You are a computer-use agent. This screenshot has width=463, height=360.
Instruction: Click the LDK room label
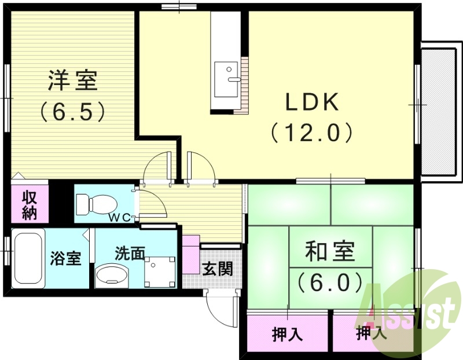[311, 103]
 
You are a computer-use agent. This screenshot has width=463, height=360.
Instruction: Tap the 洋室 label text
[72, 80]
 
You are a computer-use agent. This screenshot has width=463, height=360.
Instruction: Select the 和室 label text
[330, 252]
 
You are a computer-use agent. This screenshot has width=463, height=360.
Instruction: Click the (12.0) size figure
[311, 134]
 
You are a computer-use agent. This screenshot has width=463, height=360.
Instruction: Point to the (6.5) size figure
[72, 111]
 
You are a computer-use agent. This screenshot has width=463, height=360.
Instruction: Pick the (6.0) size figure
[330, 282]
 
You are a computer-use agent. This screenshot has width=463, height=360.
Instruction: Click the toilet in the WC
[95, 203]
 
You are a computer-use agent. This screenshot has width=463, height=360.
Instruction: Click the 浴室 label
[65, 258]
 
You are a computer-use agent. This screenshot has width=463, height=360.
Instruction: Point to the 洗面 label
[130, 253]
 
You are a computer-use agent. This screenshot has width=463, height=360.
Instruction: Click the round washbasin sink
[113, 275]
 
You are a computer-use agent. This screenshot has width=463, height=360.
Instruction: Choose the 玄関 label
[218, 269]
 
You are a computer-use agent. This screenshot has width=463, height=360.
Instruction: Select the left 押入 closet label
[286, 334]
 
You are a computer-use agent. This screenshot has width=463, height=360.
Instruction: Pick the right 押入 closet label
[370, 334]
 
